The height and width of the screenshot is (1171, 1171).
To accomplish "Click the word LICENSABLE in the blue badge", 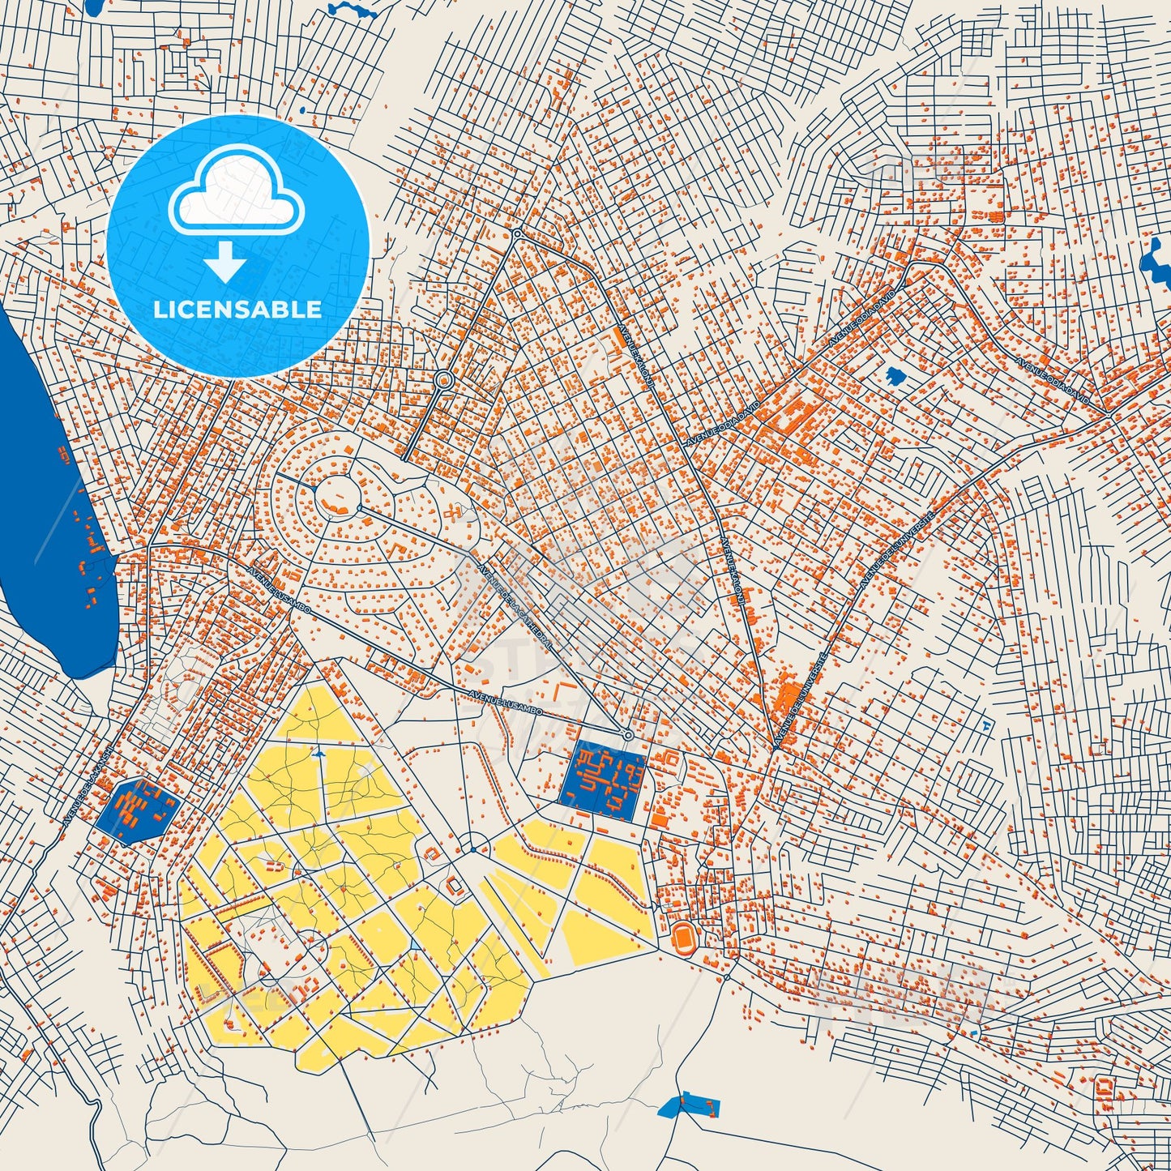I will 237,310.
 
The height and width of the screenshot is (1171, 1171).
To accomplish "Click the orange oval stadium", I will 685,938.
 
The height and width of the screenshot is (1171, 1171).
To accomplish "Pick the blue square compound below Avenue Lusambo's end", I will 603,778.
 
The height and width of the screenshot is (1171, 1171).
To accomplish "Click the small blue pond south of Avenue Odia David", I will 895,376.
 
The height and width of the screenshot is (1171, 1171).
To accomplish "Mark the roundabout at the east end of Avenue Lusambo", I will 627,735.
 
